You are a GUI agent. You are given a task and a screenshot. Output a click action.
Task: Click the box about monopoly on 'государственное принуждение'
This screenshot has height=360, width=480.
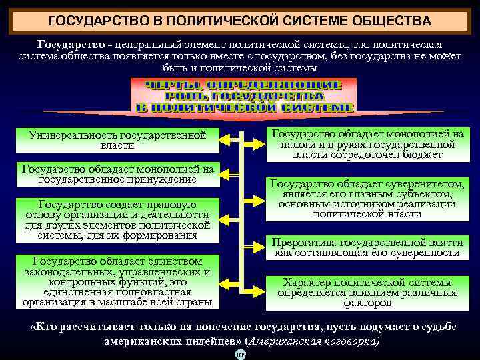(117, 173)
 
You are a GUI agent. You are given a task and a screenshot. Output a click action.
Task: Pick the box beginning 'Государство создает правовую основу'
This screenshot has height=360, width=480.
(117, 219)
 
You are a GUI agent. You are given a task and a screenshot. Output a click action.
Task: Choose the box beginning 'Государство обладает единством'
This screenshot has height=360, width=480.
(117, 281)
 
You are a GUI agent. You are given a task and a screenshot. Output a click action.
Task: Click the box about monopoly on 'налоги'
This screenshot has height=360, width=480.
(367, 144)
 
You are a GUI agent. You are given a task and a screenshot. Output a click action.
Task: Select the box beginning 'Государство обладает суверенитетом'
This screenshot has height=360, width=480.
(367, 199)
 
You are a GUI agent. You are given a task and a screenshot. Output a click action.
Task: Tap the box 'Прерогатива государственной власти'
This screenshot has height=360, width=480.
(367, 247)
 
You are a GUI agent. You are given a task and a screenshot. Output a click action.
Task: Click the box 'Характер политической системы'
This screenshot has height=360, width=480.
(367, 292)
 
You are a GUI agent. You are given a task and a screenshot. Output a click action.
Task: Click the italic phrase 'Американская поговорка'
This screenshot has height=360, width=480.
(313, 340)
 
